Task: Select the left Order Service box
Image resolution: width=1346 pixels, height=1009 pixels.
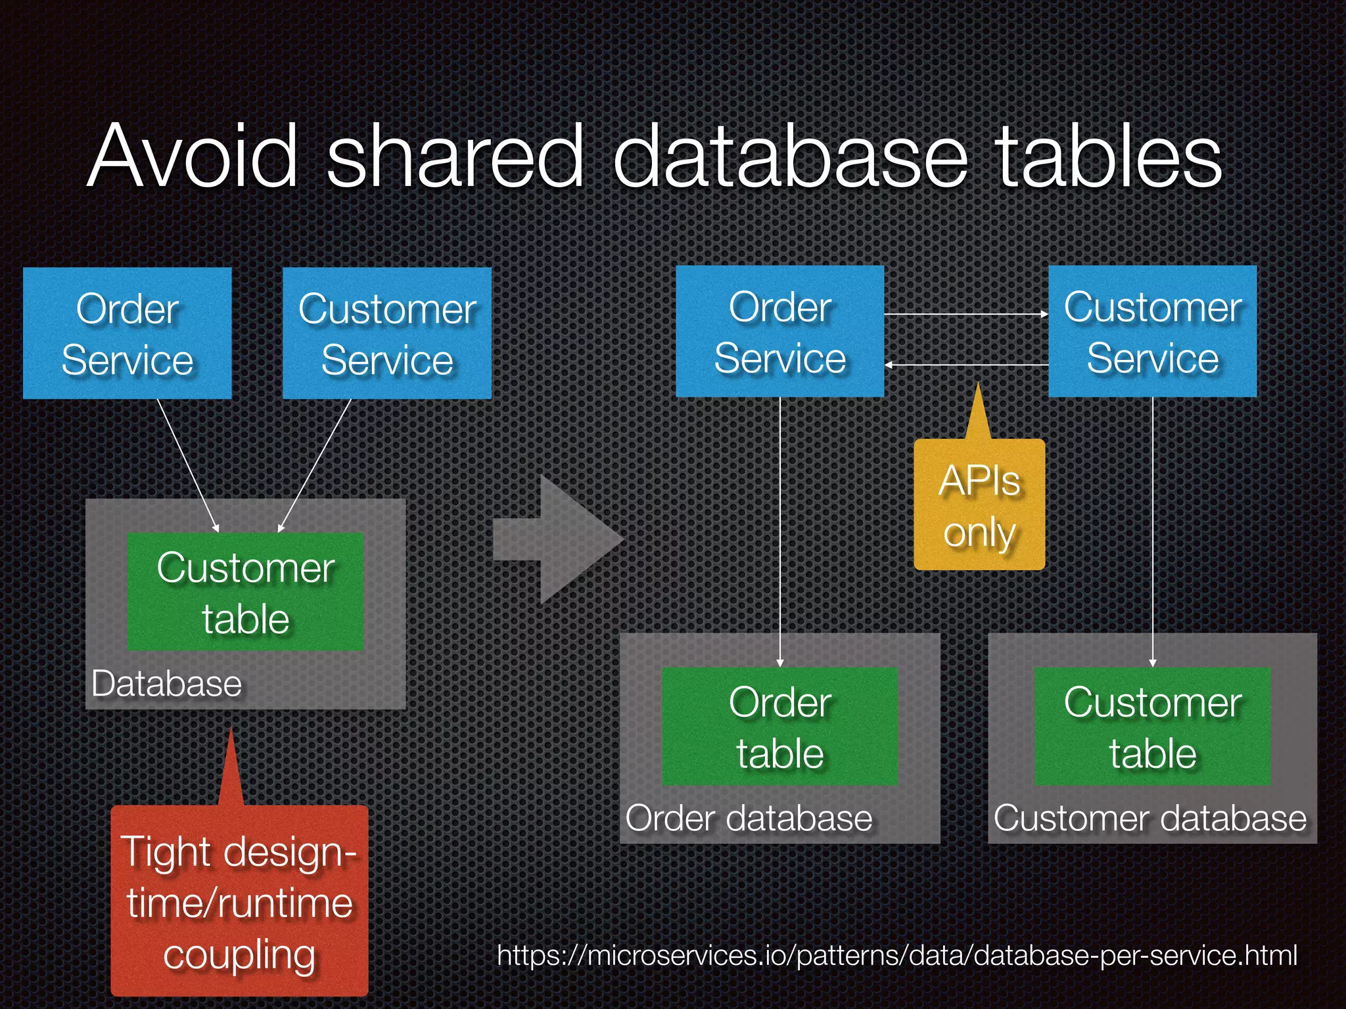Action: pos(127,333)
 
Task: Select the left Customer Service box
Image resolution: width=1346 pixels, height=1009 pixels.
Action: pos(387,333)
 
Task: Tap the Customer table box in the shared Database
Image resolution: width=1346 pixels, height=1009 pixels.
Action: pos(245,592)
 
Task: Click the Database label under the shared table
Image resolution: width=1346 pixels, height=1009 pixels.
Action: pos(166,684)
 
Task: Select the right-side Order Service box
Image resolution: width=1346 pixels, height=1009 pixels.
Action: pos(779,331)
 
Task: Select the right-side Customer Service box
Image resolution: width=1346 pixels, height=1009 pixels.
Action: pos(1153,331)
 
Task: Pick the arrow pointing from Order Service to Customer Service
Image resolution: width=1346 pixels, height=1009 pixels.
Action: pos(966,315)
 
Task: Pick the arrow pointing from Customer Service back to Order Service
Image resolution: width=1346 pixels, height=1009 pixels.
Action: pos(966,365)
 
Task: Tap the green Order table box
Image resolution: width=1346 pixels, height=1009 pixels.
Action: pos(779,727)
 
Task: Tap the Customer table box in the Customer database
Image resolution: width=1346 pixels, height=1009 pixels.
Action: pos(1153,727)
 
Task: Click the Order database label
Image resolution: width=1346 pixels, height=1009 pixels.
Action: pos(749,818)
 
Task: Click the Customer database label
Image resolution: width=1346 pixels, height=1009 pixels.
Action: pos(1150,818)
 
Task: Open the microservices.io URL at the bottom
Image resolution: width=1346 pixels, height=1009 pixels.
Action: pos(896,955)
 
